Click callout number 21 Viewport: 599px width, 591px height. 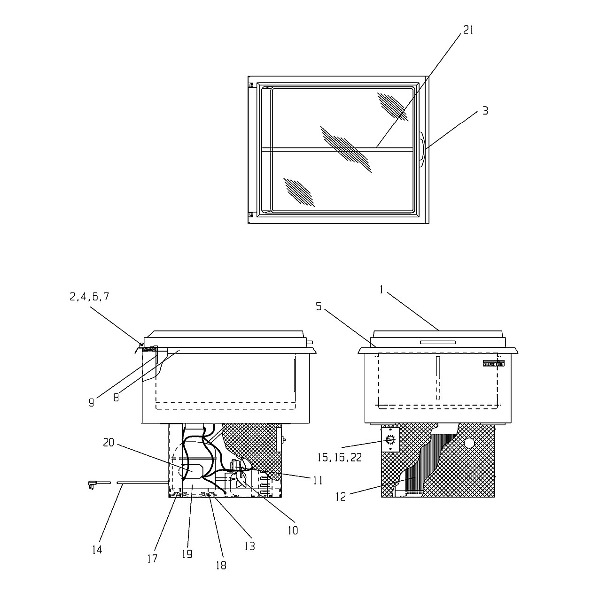coord(468,30)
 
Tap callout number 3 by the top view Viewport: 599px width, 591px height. coord(485,111)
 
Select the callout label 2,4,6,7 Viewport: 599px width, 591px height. coord(90,297)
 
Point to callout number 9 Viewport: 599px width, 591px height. coord(91,403)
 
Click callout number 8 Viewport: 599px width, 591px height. coord(116,398)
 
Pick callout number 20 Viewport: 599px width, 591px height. coord(109,442)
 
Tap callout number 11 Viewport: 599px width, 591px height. coord(318,480)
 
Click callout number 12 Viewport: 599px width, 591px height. coord(341,497)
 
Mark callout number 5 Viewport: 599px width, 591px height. coord(319,307)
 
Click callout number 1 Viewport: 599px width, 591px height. coord(381,290)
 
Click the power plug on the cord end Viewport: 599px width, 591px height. coord(93,484)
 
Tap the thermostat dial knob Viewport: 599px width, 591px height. coord(390,440)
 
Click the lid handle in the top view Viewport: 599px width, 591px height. coord(422,149)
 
